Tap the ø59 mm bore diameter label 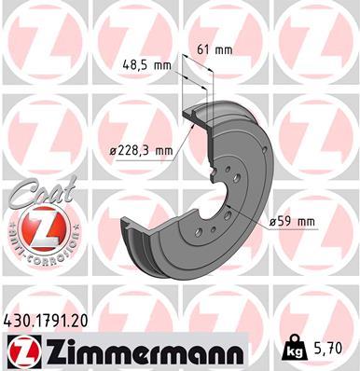[x=292, y=221]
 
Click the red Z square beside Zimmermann [x=21, y=352]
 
